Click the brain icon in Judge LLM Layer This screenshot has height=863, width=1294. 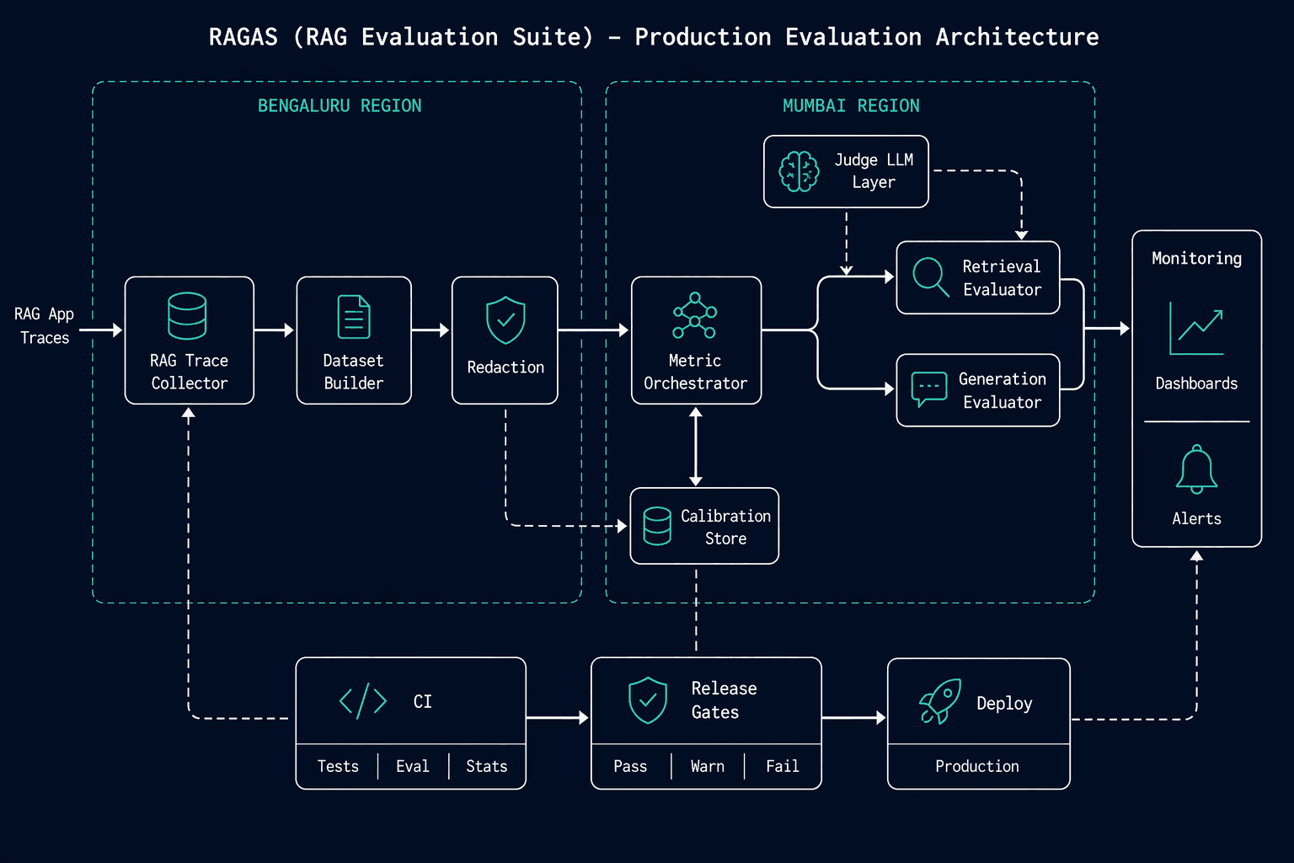coord(799,171)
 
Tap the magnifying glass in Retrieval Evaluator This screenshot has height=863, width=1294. coord(930,277)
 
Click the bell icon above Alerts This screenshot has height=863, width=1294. coord(1196,469)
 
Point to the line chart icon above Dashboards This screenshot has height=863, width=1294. coord(1196,329)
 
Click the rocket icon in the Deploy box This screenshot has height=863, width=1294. coord(940,701)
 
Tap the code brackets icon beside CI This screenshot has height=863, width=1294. coord(363,701)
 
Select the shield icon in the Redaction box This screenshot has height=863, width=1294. coord(505,320)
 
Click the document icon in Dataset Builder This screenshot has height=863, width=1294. coord(354,317)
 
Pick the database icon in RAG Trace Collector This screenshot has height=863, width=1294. coord(187,315)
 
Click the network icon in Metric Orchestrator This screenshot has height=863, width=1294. coord(695,315)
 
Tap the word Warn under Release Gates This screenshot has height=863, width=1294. coord(708,766)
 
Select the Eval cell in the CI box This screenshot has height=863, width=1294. coord(413,766)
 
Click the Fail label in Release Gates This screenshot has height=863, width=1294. coord(783,766)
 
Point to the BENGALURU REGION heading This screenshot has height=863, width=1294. coord(340,106)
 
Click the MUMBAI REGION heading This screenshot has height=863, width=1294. coord(851,106)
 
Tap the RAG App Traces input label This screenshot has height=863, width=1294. coord(45,325)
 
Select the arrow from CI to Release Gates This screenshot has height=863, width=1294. coord(558,718)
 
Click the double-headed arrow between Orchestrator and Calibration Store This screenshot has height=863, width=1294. coord(696,446)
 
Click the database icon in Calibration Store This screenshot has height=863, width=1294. coord(657,526)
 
